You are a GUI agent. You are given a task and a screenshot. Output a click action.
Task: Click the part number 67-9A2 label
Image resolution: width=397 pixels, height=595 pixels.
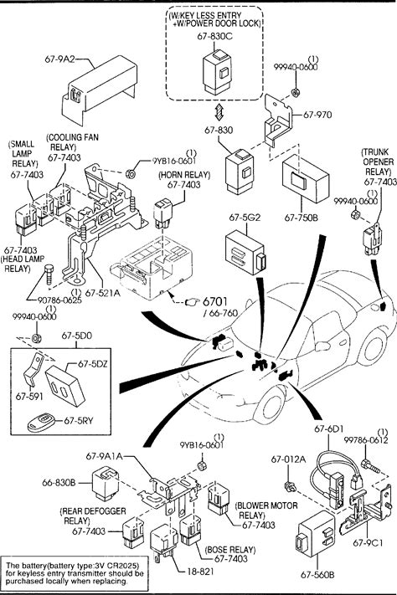pyautogui.click(x=59, y=59)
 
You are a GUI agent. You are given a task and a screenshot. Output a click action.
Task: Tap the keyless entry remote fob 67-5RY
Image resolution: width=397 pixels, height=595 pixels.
pyautogui.click(x=41, y=422)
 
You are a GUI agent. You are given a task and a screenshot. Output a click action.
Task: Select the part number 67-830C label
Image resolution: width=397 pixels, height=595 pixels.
pyautogui.click(x=215, y=37)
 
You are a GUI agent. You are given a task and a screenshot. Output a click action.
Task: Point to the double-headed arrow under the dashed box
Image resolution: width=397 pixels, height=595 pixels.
pyautogui.click(x=219, y=111)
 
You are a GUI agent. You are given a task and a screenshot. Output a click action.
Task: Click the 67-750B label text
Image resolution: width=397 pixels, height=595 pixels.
pyautogui.click(x=302, y=218)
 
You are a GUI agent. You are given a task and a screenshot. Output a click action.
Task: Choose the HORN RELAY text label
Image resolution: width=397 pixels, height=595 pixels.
pyautogui.click(x=184, y=175)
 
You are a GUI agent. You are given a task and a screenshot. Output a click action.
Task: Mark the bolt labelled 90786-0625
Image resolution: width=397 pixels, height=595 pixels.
pyautogui.click(x=49, y=274)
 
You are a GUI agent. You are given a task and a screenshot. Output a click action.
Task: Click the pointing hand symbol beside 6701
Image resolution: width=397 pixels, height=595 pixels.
pyautogui.click(x=192, y=302)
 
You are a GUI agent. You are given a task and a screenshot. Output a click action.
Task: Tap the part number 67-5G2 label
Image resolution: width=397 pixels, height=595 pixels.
pyautogui.click(x=245, y=218)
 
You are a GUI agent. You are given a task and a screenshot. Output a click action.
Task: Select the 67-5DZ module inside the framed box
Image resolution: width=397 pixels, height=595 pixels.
pyautogui.click(x=65, y=384)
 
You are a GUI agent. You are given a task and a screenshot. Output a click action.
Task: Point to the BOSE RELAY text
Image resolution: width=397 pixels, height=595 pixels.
pyautogui.click(x=230, y=550)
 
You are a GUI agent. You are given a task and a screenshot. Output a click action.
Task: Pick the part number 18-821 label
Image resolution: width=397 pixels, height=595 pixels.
pyautogui.click(x=200, y=572)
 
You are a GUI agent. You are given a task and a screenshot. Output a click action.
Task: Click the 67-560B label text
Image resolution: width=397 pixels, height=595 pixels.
pyautogui.click(x=317, y=575)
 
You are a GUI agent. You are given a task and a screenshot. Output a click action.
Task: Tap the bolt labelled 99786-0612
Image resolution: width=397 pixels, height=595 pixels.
pyautogui.click(x=369, y=466)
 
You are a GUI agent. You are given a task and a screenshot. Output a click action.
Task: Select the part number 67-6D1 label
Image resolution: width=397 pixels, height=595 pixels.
pyautogui.click(x=329, y=428)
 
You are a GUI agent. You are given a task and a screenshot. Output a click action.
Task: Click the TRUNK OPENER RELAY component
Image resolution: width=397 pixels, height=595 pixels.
pyautogui.click(x=373, y=240)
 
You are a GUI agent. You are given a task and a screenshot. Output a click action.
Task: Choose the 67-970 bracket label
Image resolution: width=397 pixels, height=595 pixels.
pyautogui.click(x=317, y=115)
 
